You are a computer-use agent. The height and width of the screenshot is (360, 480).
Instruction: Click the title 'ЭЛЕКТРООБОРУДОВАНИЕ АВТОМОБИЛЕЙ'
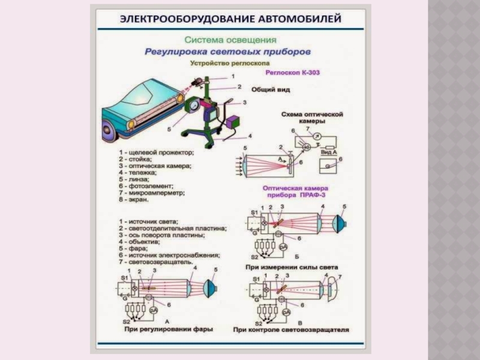coord(230,19)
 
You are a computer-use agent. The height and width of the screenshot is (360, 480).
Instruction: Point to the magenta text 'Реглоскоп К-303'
coord(292,72)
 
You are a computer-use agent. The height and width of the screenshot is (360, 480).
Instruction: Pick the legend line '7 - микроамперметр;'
coord(155,193)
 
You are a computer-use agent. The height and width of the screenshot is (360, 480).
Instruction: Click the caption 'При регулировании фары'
coord(169,329)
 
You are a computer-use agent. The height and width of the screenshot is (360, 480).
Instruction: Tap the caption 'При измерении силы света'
coord(292,266)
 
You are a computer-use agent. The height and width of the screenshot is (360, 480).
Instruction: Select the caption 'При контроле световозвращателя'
coord(291,329)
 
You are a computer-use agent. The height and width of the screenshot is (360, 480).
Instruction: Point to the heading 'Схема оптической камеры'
coord(312,116)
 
